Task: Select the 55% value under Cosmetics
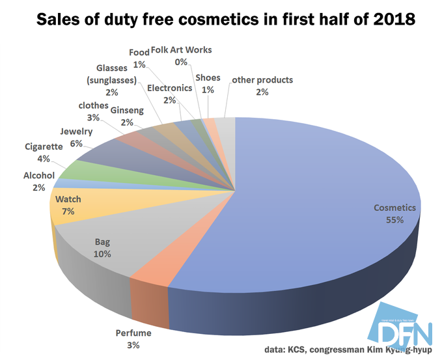394,220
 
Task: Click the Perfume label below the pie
133,333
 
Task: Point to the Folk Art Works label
181,50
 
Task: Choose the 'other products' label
262,80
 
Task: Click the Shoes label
208,77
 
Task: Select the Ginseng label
127,111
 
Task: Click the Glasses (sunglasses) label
116,74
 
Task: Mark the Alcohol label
39,176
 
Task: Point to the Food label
139,52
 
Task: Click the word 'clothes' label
92,105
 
